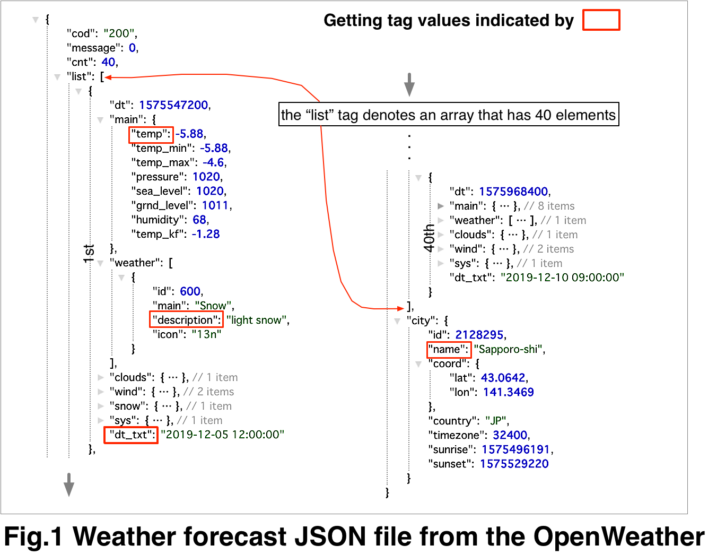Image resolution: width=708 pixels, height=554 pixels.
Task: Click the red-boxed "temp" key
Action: coord(151,134)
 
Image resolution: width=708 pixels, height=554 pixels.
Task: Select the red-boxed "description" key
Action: coord(186,320)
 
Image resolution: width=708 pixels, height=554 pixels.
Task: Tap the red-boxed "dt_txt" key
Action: coord(131,435)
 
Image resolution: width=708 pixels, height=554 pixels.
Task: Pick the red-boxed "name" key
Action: coord(449,349)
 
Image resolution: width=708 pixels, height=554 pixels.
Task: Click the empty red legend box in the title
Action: coord(601,20)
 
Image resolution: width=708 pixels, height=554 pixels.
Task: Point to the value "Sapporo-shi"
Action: coord(509,349)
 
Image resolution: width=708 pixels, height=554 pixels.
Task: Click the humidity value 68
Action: coord(199,220)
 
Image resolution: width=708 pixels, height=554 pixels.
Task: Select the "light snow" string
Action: coord(257,320)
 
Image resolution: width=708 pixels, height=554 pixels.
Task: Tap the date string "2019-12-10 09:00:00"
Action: coord(562,278)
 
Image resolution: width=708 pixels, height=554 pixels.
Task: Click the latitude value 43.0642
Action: coord(503,378)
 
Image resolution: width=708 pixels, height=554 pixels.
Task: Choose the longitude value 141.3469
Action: coord(508,392)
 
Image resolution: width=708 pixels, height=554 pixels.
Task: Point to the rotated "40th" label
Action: coord(429,237)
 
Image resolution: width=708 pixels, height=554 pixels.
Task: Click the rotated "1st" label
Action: coord(89,253)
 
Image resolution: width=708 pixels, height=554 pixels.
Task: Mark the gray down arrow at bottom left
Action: coord(69,483)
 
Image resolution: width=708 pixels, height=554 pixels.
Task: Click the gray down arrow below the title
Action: coord(409,84)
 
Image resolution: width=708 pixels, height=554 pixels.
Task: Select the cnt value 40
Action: coord(108,62)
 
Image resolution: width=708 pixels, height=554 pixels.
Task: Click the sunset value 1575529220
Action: coord(514,464)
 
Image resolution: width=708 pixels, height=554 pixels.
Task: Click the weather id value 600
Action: coord(190,291)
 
